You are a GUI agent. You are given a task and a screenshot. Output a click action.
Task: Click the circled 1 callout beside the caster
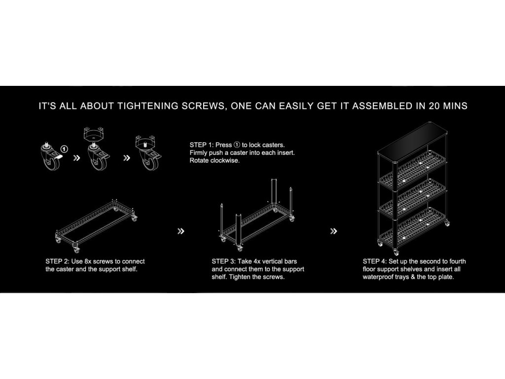click(x=65, y=149)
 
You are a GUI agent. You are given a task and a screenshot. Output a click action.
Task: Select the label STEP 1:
click(x=201, y=145)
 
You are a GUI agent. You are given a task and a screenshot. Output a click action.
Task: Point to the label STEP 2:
click(x=57, y=262)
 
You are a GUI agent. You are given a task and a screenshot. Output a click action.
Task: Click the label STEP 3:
click(x=223, y=262)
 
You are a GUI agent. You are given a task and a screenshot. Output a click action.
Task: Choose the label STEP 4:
click(x=375, y=262)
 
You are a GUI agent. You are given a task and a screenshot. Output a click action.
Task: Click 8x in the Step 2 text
click(x=88, y=262)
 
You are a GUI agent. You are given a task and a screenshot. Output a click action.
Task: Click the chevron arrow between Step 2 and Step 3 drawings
click(x=181, y=231)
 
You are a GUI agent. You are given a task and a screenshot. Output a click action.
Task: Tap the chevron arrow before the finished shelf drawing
click(x=334, y=231)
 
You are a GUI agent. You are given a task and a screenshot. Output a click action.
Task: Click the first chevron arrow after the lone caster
click(x=76, y=158)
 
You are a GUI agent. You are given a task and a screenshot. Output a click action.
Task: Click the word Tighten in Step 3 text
click(x=241, y=277)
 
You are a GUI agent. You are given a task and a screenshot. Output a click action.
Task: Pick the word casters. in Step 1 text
click(x=274, y=145)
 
